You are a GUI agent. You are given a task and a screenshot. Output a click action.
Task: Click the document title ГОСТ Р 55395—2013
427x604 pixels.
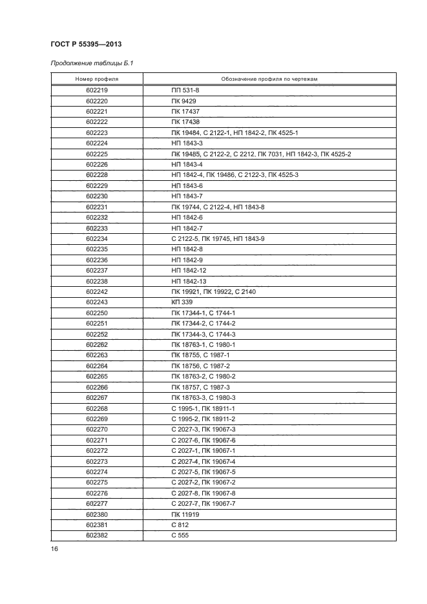[86, 44]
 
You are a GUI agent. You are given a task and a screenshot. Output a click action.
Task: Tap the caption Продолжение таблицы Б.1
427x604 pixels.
[92, 63]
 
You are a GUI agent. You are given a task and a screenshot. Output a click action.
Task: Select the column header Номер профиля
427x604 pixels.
[97, 79]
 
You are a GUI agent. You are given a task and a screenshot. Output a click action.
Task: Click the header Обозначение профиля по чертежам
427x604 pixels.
[269, 79]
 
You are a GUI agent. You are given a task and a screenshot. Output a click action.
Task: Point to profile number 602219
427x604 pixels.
[97, 90]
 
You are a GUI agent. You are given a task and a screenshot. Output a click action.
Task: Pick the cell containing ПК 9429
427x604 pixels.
[184, 101]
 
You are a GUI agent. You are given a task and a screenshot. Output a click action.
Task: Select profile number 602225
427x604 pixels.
[97, 154]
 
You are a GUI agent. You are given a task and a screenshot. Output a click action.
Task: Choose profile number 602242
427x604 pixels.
[97, 291]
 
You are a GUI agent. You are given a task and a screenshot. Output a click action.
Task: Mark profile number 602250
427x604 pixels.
[97, 313]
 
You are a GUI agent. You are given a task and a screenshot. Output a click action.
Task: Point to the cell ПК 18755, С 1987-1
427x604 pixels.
[200, 355]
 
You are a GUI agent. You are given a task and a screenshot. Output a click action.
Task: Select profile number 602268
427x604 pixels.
[97, 408]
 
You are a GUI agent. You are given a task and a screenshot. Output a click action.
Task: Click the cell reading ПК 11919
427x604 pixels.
[185, 514]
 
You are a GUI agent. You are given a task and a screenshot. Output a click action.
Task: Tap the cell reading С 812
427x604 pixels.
[180, 525]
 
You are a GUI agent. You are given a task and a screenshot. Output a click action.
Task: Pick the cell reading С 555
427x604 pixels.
[180, 536]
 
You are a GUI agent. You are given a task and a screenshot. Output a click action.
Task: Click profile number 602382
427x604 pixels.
[97, 536]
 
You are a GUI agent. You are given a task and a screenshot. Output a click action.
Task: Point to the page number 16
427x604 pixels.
[55, 549]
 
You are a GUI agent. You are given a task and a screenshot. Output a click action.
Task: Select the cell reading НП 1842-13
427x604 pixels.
[189, 281]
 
